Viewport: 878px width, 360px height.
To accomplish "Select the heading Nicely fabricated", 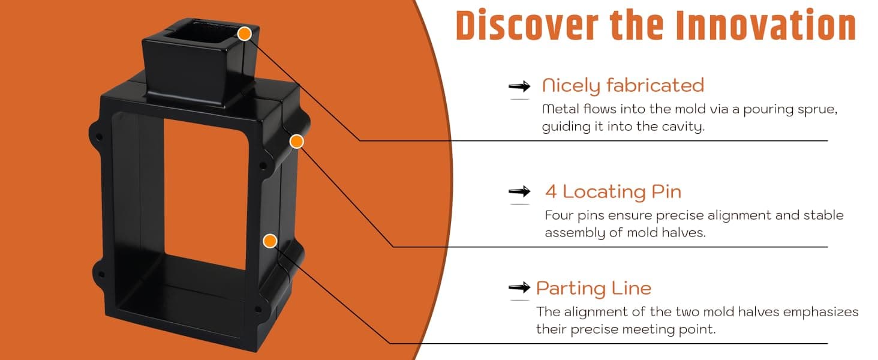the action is [x=623, y=85].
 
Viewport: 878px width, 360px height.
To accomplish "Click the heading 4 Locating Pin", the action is [x=613, y=192].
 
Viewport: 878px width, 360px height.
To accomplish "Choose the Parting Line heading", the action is [x=594, y=288].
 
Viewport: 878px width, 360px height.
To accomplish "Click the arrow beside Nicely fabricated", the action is [x=519, y=86].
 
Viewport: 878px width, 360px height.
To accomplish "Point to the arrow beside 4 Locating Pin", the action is [x=519, y=191].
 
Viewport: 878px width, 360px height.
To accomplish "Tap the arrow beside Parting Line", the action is [x=519, y=287].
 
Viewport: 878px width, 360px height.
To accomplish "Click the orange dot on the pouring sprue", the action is [x=245, y=34].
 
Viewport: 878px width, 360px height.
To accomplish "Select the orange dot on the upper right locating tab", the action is [x=297, y=141].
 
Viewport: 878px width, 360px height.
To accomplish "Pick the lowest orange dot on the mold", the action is [x=270, y=241].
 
